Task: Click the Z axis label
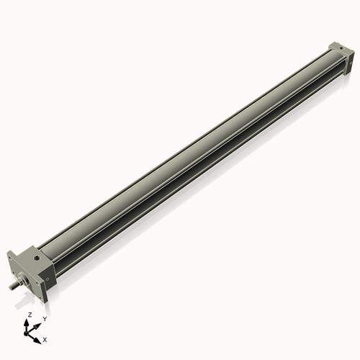(29, 315)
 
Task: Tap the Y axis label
(44, 318)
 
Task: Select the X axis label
(45, 338)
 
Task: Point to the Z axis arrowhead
(29, 322)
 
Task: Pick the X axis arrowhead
(39, 336)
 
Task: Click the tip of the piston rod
(11, 288)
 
